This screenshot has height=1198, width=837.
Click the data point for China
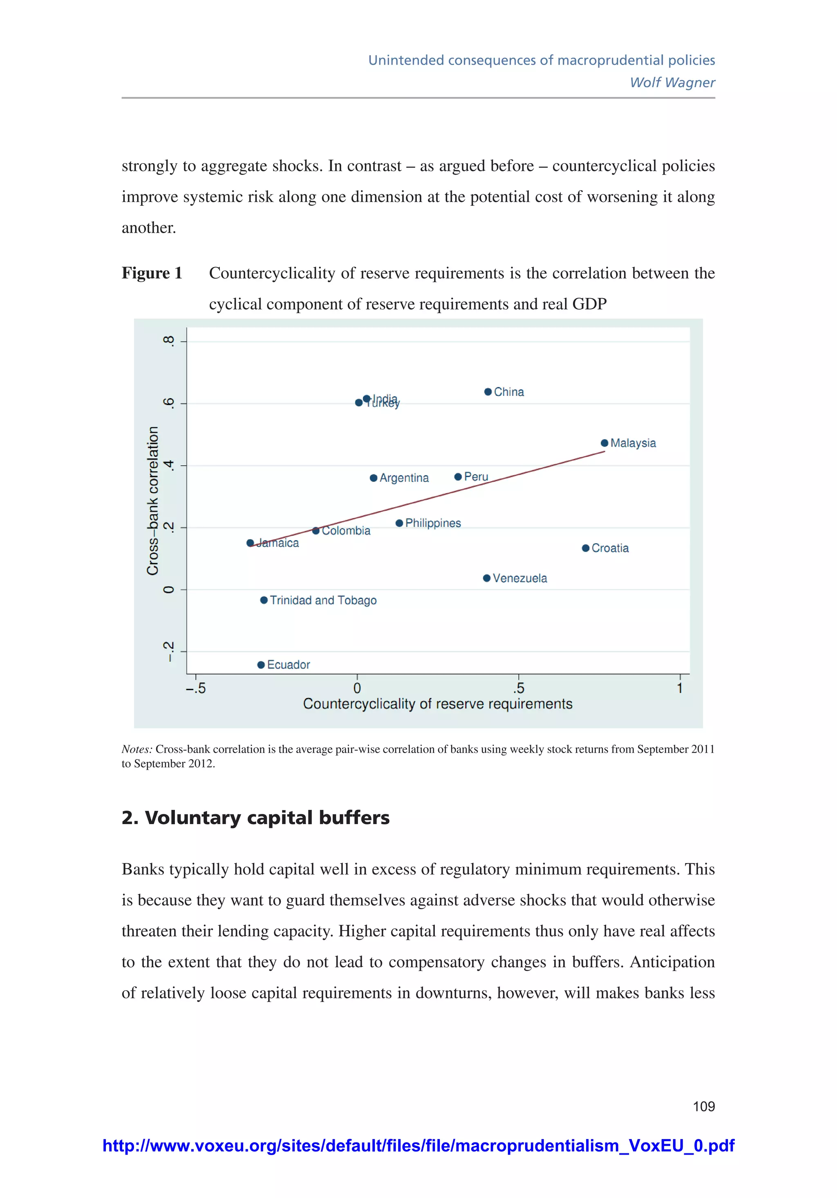click(488, 392)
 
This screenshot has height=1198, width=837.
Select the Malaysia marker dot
click(604, 443)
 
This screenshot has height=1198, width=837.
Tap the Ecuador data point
click(261, 665)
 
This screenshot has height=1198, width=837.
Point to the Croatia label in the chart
click(610, 548)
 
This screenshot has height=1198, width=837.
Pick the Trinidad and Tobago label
click(323, 600)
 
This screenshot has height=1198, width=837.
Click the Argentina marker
click(374, 478)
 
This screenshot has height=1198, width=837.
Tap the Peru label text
click(476, 477)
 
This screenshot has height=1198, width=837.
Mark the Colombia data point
click(316, 530)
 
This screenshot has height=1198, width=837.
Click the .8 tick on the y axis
click(168, 341)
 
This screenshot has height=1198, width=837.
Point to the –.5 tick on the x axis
click(196, 689)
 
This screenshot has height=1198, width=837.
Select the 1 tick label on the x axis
click(680, 689)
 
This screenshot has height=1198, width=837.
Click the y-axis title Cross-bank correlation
click(152, 501)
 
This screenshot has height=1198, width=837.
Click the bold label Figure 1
click(152, 273)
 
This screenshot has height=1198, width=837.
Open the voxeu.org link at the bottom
click(418, 1146)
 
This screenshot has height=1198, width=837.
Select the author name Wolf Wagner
click(672, 83)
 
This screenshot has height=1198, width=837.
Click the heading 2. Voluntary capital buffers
click(255, 818)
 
